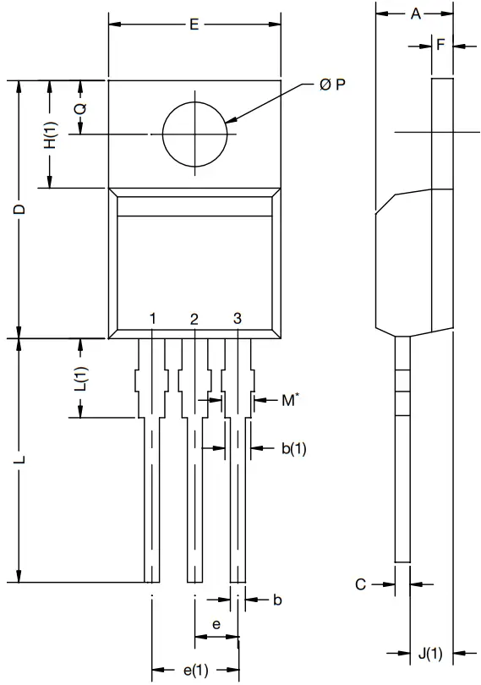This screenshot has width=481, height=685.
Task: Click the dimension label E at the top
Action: coord(194,25)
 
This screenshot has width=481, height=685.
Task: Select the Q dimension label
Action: coord(79,109)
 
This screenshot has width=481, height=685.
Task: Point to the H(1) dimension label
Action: coord(51,135)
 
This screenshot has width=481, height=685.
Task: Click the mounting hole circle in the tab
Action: coord(195,134)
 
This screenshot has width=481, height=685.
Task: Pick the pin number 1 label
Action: coord(152,318)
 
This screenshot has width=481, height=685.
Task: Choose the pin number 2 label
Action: coord(194,319)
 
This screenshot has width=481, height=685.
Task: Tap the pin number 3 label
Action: coord(238,318)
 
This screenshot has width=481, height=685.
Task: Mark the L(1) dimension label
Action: coord(80,379)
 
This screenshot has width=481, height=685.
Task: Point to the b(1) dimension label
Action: coord(292,449)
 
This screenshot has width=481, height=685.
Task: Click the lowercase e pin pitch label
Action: coord(216,624)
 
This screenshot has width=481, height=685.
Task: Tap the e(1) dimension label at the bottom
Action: coord(195,671)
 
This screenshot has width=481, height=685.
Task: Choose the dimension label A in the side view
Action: coord(415,14)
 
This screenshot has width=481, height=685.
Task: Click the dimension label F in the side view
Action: coord(441,46)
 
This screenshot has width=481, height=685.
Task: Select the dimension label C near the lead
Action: coord(360,584)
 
